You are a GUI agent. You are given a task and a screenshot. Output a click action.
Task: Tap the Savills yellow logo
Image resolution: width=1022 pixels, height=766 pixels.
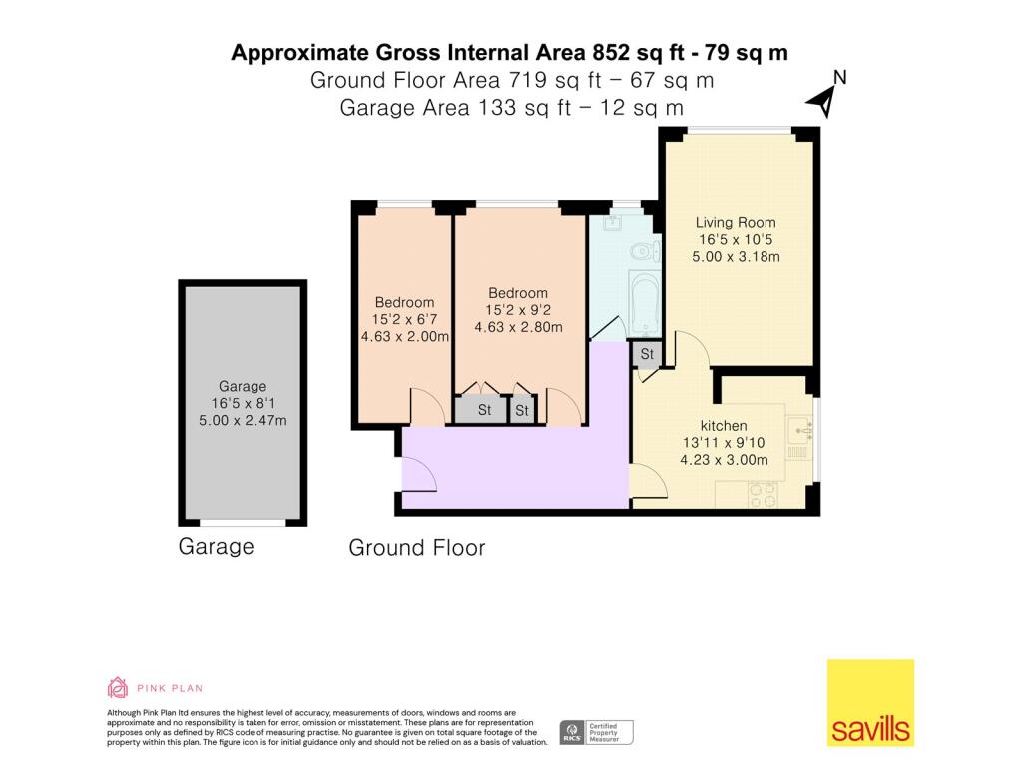tap(870, 702)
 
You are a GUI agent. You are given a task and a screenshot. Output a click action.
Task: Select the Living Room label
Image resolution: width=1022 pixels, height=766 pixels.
tap(736, 222)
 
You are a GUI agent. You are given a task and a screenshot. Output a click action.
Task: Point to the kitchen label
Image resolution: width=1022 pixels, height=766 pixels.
tap(723, 425)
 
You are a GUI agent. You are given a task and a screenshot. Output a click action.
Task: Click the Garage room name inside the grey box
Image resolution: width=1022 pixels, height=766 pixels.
tap(243, 386)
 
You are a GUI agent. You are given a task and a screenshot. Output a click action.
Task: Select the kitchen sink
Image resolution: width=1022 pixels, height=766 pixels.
tap(799, 430)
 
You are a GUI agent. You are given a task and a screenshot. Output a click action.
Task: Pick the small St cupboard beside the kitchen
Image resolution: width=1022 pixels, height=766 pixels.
tap(647, 354)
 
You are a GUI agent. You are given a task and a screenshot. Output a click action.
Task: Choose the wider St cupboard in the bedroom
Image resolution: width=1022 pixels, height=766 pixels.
tap(484, 410)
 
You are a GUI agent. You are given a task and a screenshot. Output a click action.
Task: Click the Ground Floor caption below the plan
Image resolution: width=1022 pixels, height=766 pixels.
tap(416, 548)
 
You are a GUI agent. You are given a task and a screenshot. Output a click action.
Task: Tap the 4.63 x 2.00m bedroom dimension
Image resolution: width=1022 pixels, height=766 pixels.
tap(405, 337)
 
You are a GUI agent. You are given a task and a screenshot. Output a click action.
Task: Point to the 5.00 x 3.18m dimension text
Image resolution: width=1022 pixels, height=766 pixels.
tap(737, 257)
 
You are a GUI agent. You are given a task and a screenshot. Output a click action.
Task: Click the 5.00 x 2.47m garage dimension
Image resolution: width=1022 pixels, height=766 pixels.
tap(243, 420)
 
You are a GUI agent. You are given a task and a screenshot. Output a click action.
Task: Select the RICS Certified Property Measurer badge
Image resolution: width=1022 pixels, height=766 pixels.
tap(596, 732)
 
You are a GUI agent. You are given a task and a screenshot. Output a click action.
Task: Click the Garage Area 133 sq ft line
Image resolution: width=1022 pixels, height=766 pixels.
tap(511, 107)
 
